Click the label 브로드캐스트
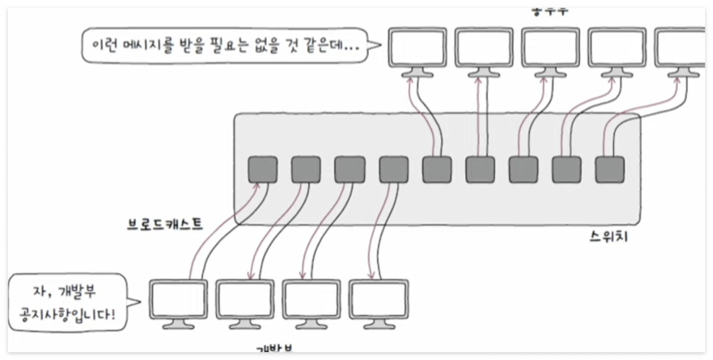point(165,224)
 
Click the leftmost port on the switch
point(262,170)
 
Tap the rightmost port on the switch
point(610,170)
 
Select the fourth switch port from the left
point(393,170)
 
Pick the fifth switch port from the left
point(437,170)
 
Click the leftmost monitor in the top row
point(418,48)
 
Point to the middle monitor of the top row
point(551,48)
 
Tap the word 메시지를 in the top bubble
point(152,45)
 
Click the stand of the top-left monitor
point(418,73)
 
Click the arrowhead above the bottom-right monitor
point(371,275)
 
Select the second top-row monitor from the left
point(484,48)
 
